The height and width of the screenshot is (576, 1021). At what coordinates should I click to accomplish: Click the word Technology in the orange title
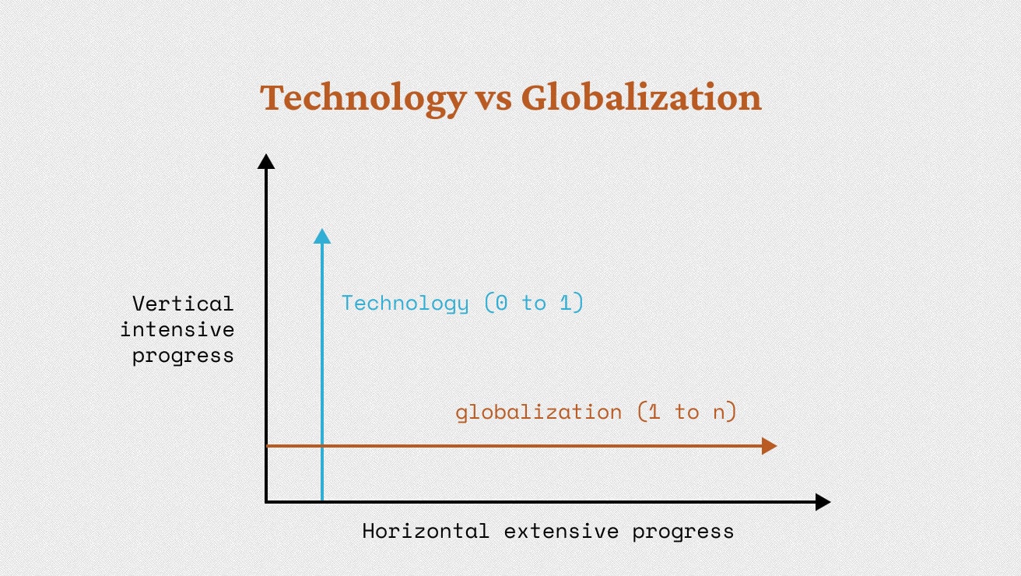click(x=363, y=99)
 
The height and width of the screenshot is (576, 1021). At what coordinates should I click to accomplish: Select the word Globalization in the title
click(x=641, y=97)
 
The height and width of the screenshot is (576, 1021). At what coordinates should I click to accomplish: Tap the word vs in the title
click(x=494, y=102)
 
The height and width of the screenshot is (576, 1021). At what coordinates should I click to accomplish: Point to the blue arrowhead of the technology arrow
click(x=322, y=236)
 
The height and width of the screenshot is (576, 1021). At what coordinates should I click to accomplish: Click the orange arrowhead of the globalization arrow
click(x=770, y=445)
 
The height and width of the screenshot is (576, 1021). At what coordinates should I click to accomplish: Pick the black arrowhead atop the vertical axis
click(x=266, y=161)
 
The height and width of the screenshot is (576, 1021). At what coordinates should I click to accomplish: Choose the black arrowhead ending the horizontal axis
click(x=823, y=501)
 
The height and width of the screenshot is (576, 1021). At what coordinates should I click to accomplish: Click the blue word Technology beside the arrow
click(x=405, y=304)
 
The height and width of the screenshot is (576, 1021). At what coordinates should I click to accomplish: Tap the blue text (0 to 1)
click(x=534, y=302)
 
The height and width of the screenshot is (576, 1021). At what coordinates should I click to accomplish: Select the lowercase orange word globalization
click(x=539, y=413)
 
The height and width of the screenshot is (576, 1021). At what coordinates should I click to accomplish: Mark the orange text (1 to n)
click(x=687, y=411)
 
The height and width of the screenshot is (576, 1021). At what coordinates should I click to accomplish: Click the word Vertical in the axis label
click(x=183, y=304)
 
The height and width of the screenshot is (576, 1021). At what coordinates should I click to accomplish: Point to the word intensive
click(x=177, y=329)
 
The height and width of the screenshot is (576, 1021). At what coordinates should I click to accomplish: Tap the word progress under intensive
click(x=183, y=356)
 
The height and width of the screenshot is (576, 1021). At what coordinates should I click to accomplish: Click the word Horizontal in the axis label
click(x=426, y=531)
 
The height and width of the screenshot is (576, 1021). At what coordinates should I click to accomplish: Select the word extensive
click(x=562, y=532)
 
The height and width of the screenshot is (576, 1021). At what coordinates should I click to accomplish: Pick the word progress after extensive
click(x=683, y=532)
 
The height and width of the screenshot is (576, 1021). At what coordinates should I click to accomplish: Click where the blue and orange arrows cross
click(x=322, y=445)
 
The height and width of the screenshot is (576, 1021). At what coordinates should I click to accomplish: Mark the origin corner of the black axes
click(x=266, y=501)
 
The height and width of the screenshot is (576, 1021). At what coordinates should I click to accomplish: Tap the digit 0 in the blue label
click(x=501, y=303)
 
